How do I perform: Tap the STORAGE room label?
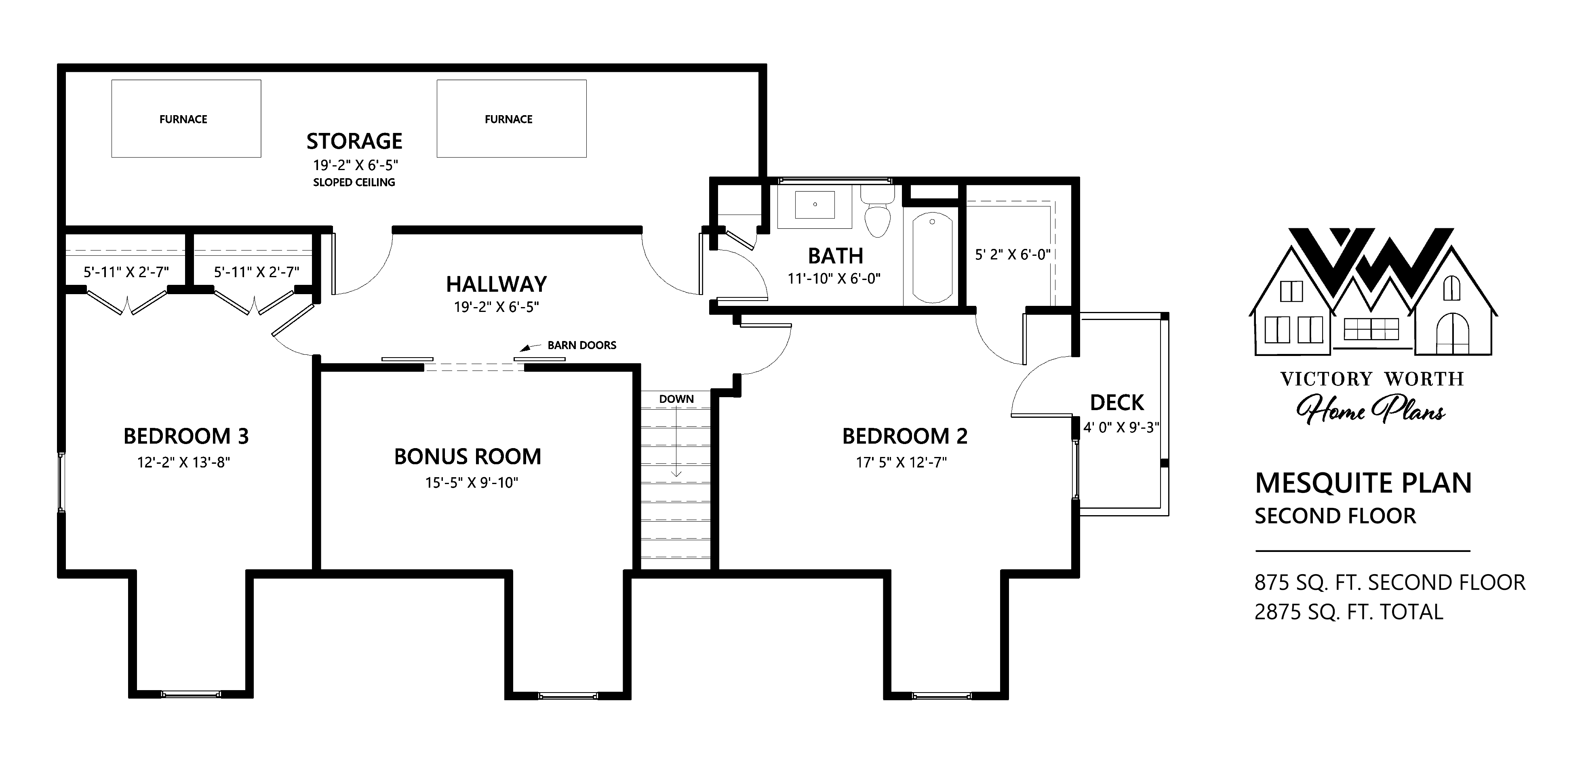coord(354,141)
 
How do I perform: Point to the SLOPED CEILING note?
coord(354,183)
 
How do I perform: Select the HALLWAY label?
coord(496,284)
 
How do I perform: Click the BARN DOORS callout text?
coord(582,345)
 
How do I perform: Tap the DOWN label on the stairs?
coord(676,399)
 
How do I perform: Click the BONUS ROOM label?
coord(468,457)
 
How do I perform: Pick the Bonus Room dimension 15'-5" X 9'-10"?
coord(472,483)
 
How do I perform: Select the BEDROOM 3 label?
coord(186,436)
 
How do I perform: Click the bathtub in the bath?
coord(932,257)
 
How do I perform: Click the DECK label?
coord(1117,403)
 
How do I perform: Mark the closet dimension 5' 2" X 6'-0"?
coord(1013,255)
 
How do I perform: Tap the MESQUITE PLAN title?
coord(1363,483)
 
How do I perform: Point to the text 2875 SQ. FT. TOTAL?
coord(1348,612)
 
